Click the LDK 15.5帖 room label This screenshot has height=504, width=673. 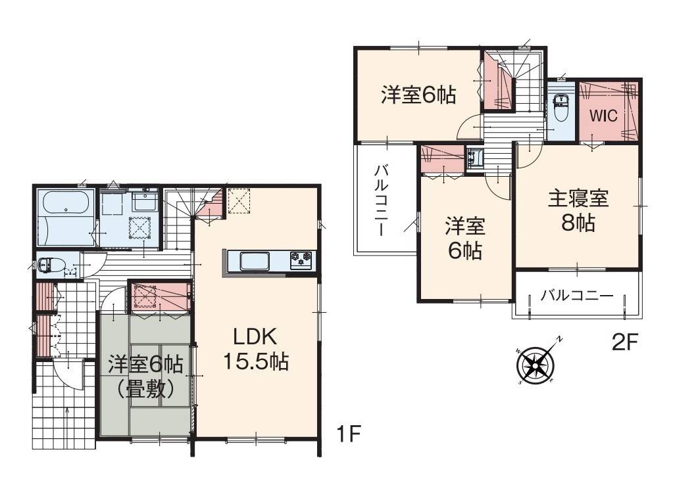coord(255,350)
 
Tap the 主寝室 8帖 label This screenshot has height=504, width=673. coord(578,210)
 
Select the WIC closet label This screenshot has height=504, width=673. coord(603,116)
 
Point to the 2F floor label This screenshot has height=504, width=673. coord(625,342)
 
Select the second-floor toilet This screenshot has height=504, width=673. coord(561,110)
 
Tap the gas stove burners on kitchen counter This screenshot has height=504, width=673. coord(302,260)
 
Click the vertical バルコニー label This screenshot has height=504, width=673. coord(380,200)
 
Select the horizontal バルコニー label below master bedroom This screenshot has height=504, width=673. coord(576,296)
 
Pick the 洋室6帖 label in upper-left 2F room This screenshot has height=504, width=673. coord(418,96)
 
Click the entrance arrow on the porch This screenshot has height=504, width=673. coord(68,418)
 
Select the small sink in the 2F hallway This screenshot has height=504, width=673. coord(474,158)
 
